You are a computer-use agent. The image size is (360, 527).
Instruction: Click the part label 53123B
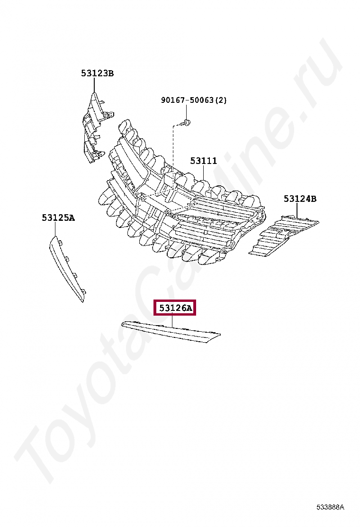97,73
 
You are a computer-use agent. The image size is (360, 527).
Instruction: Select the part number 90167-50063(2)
194,100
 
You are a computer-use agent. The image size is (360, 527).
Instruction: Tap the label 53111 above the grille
204,161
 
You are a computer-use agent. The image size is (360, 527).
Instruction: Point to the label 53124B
300,199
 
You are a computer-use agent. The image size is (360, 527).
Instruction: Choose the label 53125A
58,218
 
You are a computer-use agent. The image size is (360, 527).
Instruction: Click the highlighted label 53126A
175,309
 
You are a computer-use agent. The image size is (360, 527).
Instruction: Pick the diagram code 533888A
330,508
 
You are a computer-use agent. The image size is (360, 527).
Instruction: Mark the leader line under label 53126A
172,322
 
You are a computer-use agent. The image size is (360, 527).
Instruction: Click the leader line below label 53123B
94,85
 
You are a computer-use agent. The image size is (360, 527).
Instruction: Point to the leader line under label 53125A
56,229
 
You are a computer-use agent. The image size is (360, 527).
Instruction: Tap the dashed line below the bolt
173,152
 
